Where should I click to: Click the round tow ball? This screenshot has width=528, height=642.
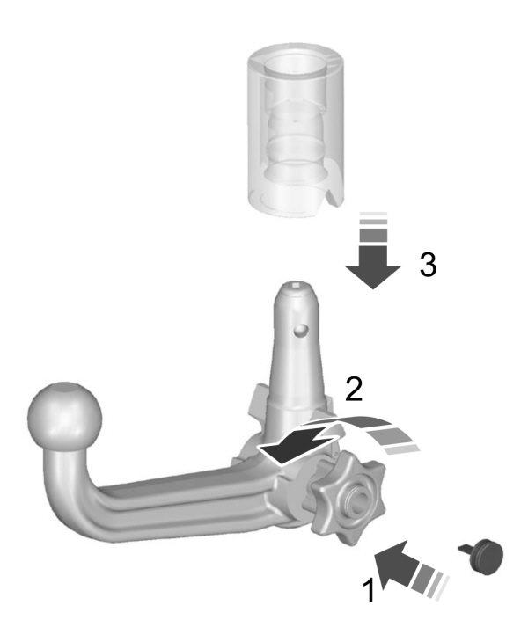pyautogui.click(x=65, y=413)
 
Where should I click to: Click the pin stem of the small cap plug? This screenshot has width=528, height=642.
pyautogui.click(x=466, y=549)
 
